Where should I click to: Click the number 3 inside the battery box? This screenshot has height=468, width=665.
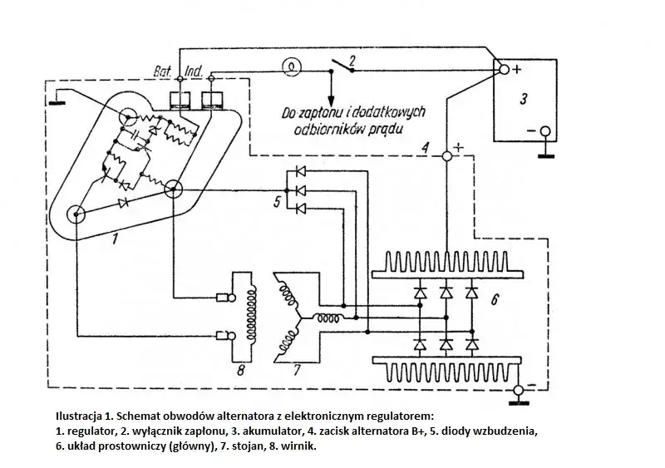pyautogui.click(x=523, y=100)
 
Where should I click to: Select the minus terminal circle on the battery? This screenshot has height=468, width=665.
pyautogui.click(x=544, y=131)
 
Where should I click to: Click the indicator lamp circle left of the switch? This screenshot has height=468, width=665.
pyautogui.click(x=292, y=65)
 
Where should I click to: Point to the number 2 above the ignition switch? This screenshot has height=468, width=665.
pyautogui.click(x=352, y=60)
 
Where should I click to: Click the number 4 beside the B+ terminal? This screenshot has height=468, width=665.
pyautogui.click(x=425, y=149)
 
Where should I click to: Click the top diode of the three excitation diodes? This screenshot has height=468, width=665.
pyautogui.click(x=298, y=173)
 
